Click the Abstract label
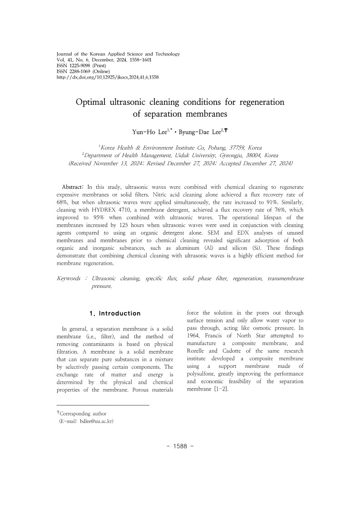click(x=73, y=188)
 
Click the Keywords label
click(x=69, y=278)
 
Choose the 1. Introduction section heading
click(x=115, y=313)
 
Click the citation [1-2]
click(x=221, y=389)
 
